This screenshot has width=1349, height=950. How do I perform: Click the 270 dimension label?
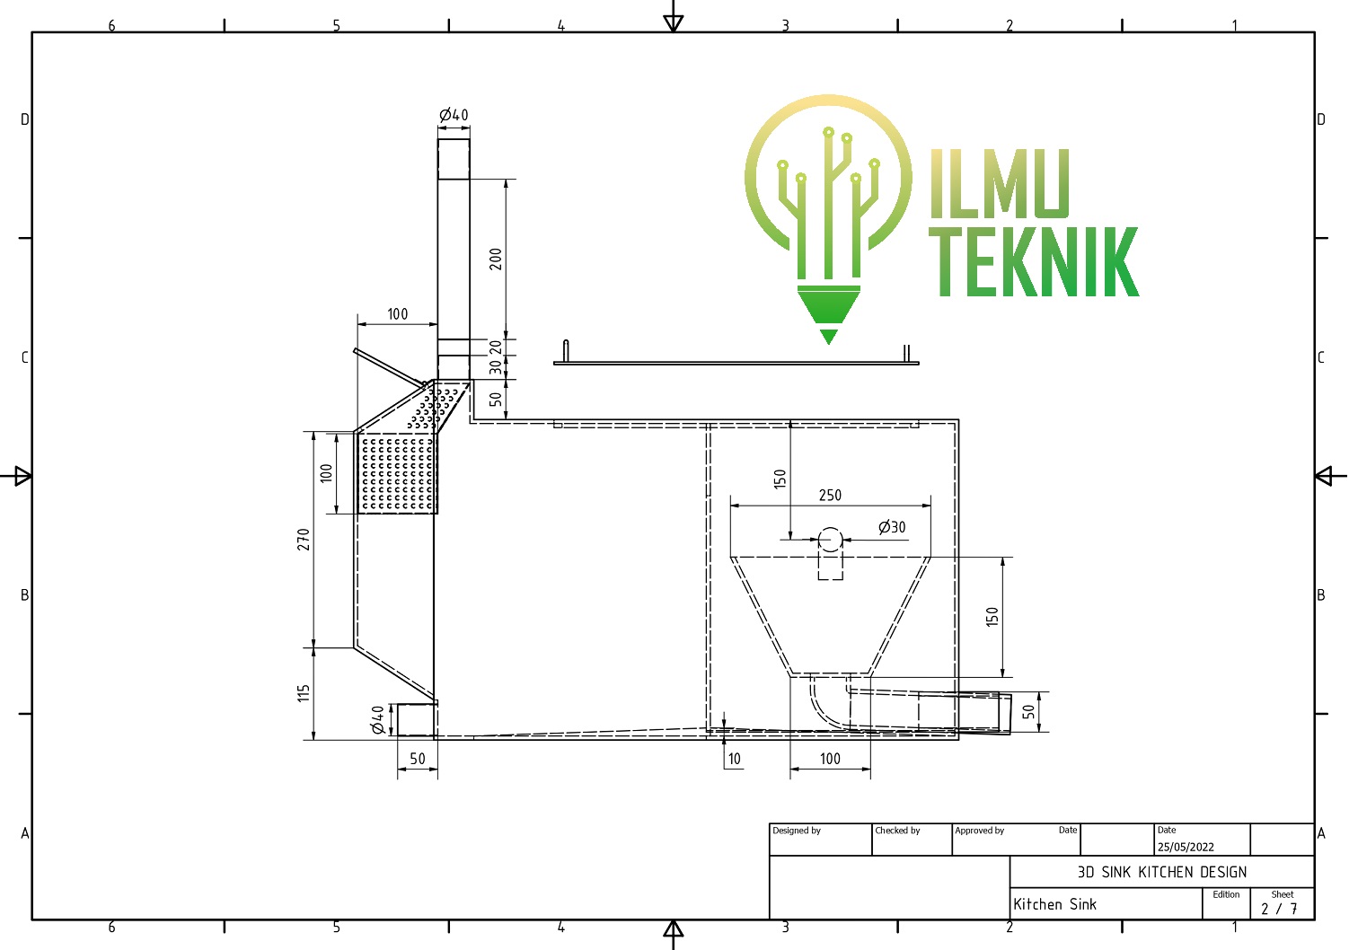coord(304,540)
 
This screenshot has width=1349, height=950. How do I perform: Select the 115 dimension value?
coord(304,693)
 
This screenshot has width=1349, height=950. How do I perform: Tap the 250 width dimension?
coord(830,496)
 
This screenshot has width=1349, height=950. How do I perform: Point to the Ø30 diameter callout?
coord(892,528)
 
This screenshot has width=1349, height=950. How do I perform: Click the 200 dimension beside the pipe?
coord(496,259)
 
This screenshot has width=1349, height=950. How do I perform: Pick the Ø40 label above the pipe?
coord(454,115)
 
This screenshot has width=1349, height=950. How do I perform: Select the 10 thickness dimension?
coord(735,759)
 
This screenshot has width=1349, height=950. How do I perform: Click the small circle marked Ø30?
coord(830,540)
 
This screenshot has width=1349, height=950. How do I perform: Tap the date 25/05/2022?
coord(1186,847)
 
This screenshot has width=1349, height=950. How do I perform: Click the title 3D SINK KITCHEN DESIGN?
coord(1161,872)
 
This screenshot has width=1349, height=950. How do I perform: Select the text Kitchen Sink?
coord(1054,904)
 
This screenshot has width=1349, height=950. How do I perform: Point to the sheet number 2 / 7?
coord(1279,909)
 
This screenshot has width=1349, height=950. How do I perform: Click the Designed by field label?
coord(797,831)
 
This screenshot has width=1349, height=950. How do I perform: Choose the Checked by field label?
coord(897,831)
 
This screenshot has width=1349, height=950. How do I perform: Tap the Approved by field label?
coord(979,831)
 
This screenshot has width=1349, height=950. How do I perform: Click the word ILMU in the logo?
coord(1000,184)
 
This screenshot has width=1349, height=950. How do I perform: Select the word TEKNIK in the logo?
coord(1033,262)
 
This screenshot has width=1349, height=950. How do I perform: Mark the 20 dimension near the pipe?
coord(496,347)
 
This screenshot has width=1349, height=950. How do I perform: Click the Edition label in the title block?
coord(1226,894)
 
